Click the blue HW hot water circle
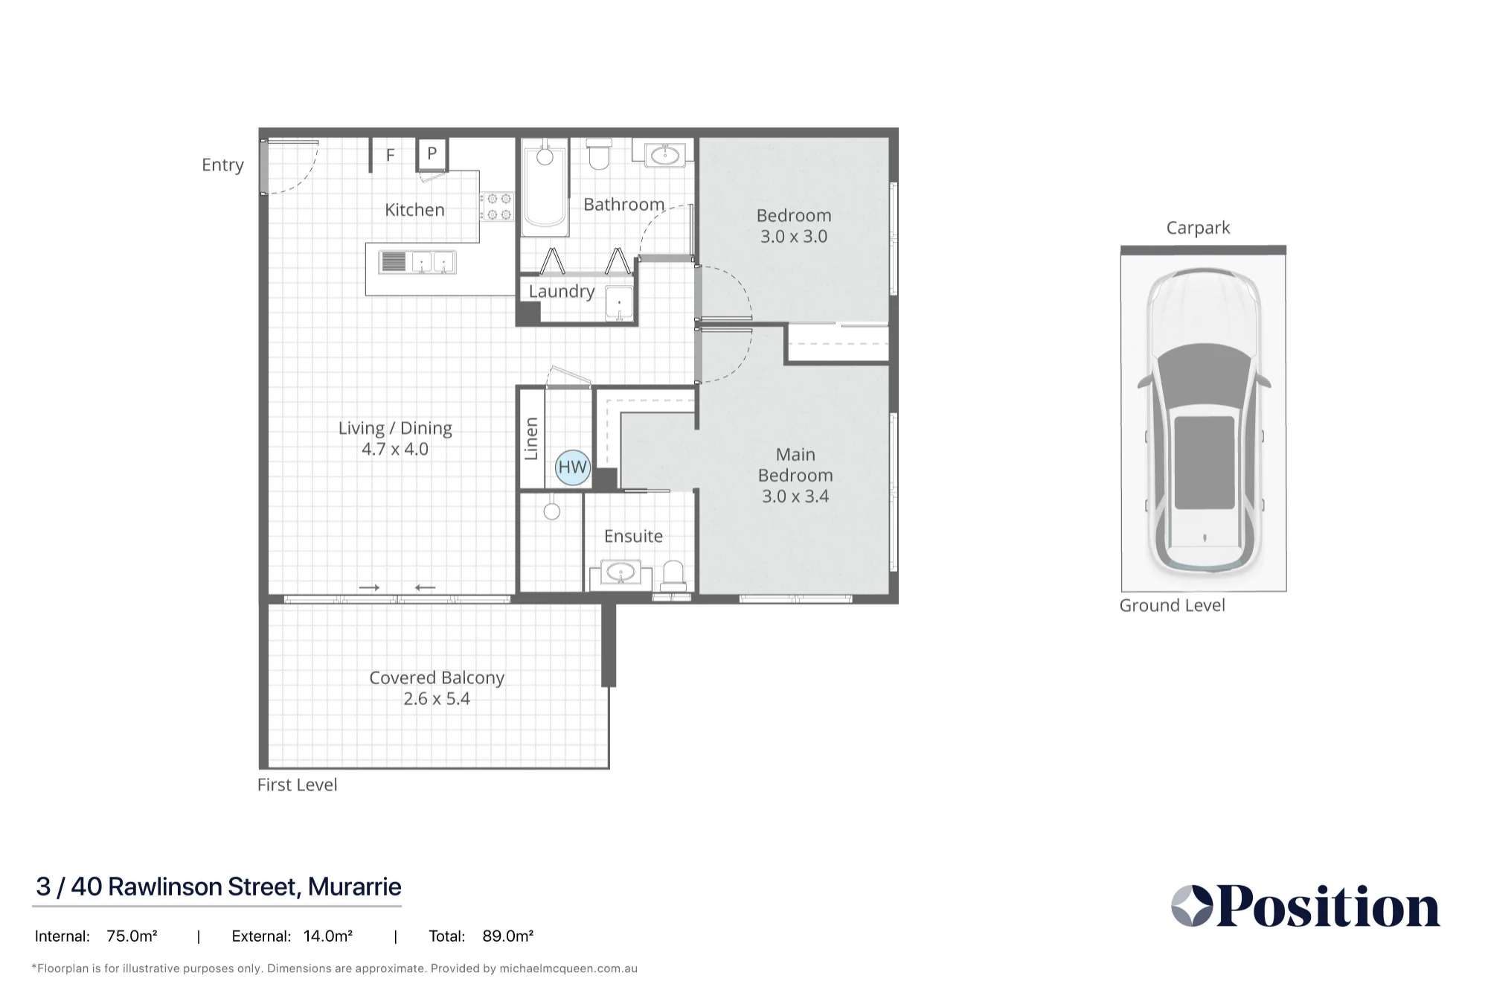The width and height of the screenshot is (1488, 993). point(572,467)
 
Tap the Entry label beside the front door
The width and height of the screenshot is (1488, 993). point(222,165)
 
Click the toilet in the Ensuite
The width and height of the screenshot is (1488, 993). point(673,575)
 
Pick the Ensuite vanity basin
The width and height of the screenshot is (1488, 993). point(620,573)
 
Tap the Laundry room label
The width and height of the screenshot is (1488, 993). point(562,292)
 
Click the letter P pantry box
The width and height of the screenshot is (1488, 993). point(432,154)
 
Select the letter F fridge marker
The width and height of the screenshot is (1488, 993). point(390,155)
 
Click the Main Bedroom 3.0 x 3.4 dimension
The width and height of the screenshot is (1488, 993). point(795,496)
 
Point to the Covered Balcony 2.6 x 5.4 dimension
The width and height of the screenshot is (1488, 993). point(437,699)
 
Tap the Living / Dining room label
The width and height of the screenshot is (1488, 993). point(395,429)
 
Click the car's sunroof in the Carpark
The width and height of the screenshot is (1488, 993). point(1204,462)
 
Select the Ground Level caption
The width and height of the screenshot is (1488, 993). point(1172,606)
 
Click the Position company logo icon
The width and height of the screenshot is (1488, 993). point(1192,906)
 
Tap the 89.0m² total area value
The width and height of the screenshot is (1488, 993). point(507,936)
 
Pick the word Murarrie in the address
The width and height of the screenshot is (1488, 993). point(354,887)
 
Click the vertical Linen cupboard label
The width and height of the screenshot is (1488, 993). point(530,439)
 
